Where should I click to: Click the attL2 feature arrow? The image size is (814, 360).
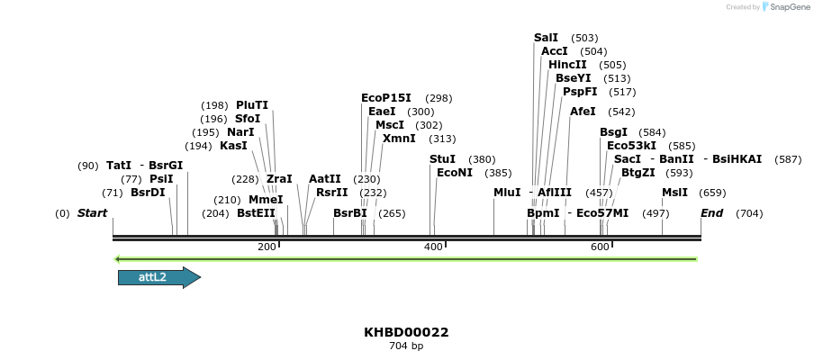(x=158, y=277)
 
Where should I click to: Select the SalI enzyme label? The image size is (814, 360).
(x=546, y=38)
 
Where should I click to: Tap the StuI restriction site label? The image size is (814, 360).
(x=442, y=159)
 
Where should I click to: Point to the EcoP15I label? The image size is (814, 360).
(x=385, y=98)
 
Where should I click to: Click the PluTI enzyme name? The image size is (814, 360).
(x=252, y=105)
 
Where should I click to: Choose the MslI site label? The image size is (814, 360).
(x=674, y=193)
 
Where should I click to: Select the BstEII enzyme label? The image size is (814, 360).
(x=256, y=213)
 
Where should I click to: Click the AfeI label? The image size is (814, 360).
(x=583, y=112)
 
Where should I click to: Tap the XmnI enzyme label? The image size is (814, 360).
(x=399, y=139)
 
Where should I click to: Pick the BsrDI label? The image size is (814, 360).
(x=148, y=193)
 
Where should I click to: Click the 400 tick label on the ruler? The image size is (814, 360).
(x=433, y=247)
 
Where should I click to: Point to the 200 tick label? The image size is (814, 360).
(x=267, y=247)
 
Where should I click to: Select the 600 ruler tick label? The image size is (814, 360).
(x=600, y=247)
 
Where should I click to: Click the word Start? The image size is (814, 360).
(x=92, y=213)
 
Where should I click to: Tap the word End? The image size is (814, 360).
(x=711, y=213)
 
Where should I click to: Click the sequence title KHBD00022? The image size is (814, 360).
(x=406, y=332)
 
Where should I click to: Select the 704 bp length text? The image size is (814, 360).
(x=406, y=346)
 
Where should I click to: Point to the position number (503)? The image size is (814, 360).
(x=584, y=38)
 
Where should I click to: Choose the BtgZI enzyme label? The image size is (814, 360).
(x=638, y=173)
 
